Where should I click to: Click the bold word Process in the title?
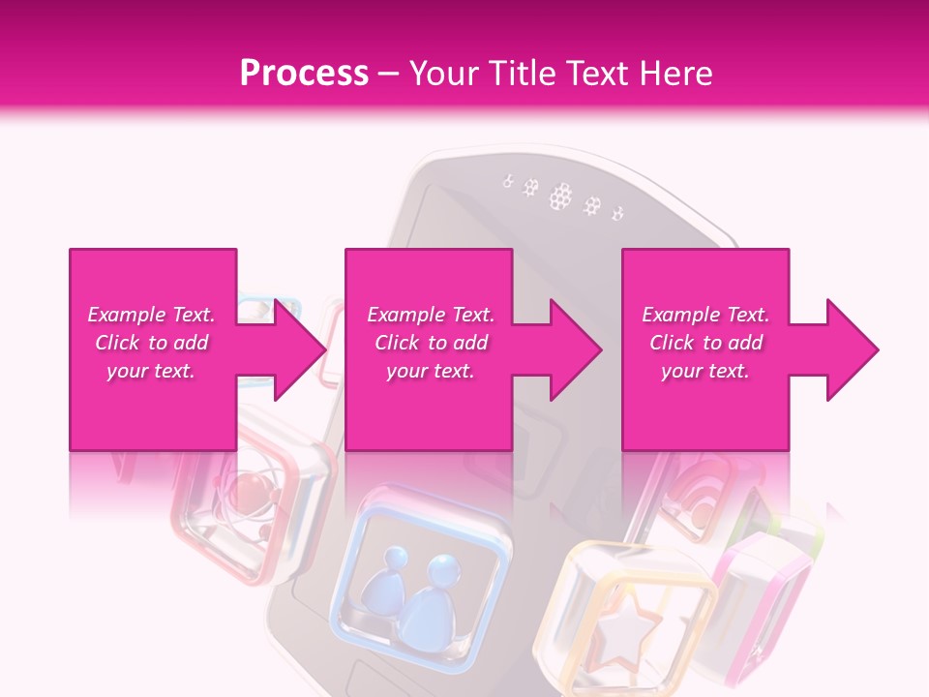pos(304,74)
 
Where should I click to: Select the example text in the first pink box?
pos(151,343)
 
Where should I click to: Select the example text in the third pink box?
pos(705,343)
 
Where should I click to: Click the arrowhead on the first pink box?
pos(300,349)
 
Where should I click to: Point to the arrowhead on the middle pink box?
pos(576,349)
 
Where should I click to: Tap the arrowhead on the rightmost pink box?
pos(853,349)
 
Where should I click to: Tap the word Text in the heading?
pos(597,74)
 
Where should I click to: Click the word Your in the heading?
pos(443,74)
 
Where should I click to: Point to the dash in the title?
pos(389,75)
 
